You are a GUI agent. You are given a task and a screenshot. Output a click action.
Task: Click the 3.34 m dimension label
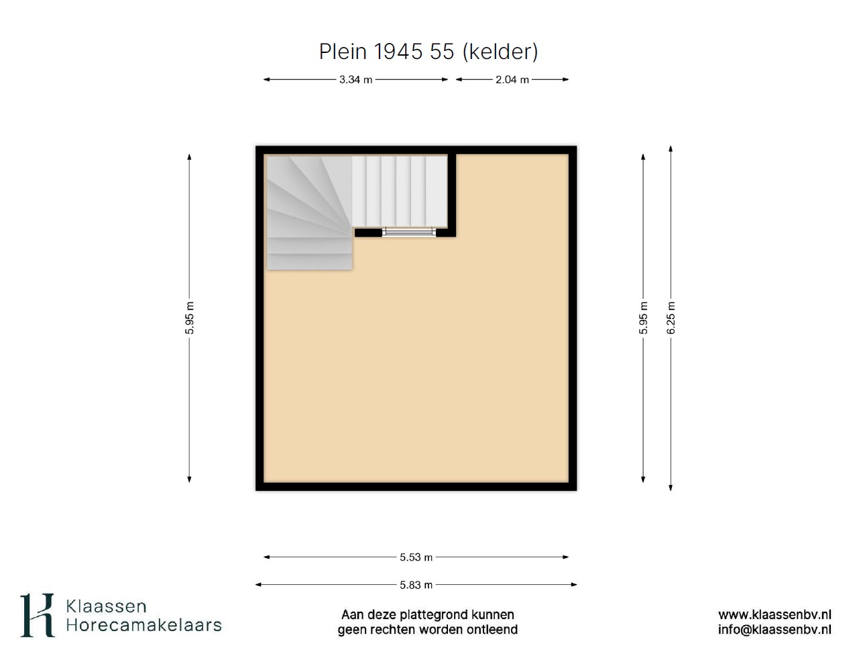pyautogui.click(x=355, y=80)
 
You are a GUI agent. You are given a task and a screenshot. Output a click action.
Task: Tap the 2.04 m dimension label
pyautogui.click(x=512, y=80)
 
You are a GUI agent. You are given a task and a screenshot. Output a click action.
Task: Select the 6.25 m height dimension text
pyautogui.click(x=671, y=318)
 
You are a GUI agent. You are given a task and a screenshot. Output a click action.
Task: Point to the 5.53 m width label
pyautogui.click(x=416, y=557)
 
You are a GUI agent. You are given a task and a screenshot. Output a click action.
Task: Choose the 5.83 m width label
pyautogui.click(x=416, y=585)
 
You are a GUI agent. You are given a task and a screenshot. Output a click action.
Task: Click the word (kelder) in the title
pyautogui.click(x=500, y=52)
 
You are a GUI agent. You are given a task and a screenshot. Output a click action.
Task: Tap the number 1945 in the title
pyautogui.click(x=398, y=52)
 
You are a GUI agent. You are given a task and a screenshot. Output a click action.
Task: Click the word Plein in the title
pyautogui.click(x=343, y=52)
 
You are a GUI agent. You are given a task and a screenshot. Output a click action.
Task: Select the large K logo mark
pyautogui.click(x=38, y=615)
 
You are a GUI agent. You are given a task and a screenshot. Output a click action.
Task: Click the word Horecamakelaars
pyautogui.click(x=143, y=625)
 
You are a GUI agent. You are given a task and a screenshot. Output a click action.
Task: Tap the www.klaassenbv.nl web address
pyautogui.click(x=774, y=614)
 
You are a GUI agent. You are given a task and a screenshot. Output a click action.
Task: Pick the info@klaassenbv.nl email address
pyautogui.click(x=774, y=630)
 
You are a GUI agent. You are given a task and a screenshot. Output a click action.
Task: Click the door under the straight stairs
pyautogui.click(x=409, y=232)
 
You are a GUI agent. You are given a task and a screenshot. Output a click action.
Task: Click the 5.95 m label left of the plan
pyautogui.click(x=189, y=318)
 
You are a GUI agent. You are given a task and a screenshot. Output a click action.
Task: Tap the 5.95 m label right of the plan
pyautogui.click(x=643, y=318)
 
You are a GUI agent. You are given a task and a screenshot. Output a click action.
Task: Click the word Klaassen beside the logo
pyautogui.click(x=106, y=606)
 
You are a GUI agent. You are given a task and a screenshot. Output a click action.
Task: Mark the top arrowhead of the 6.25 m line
pyautogui.click(x=671, y=149)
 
